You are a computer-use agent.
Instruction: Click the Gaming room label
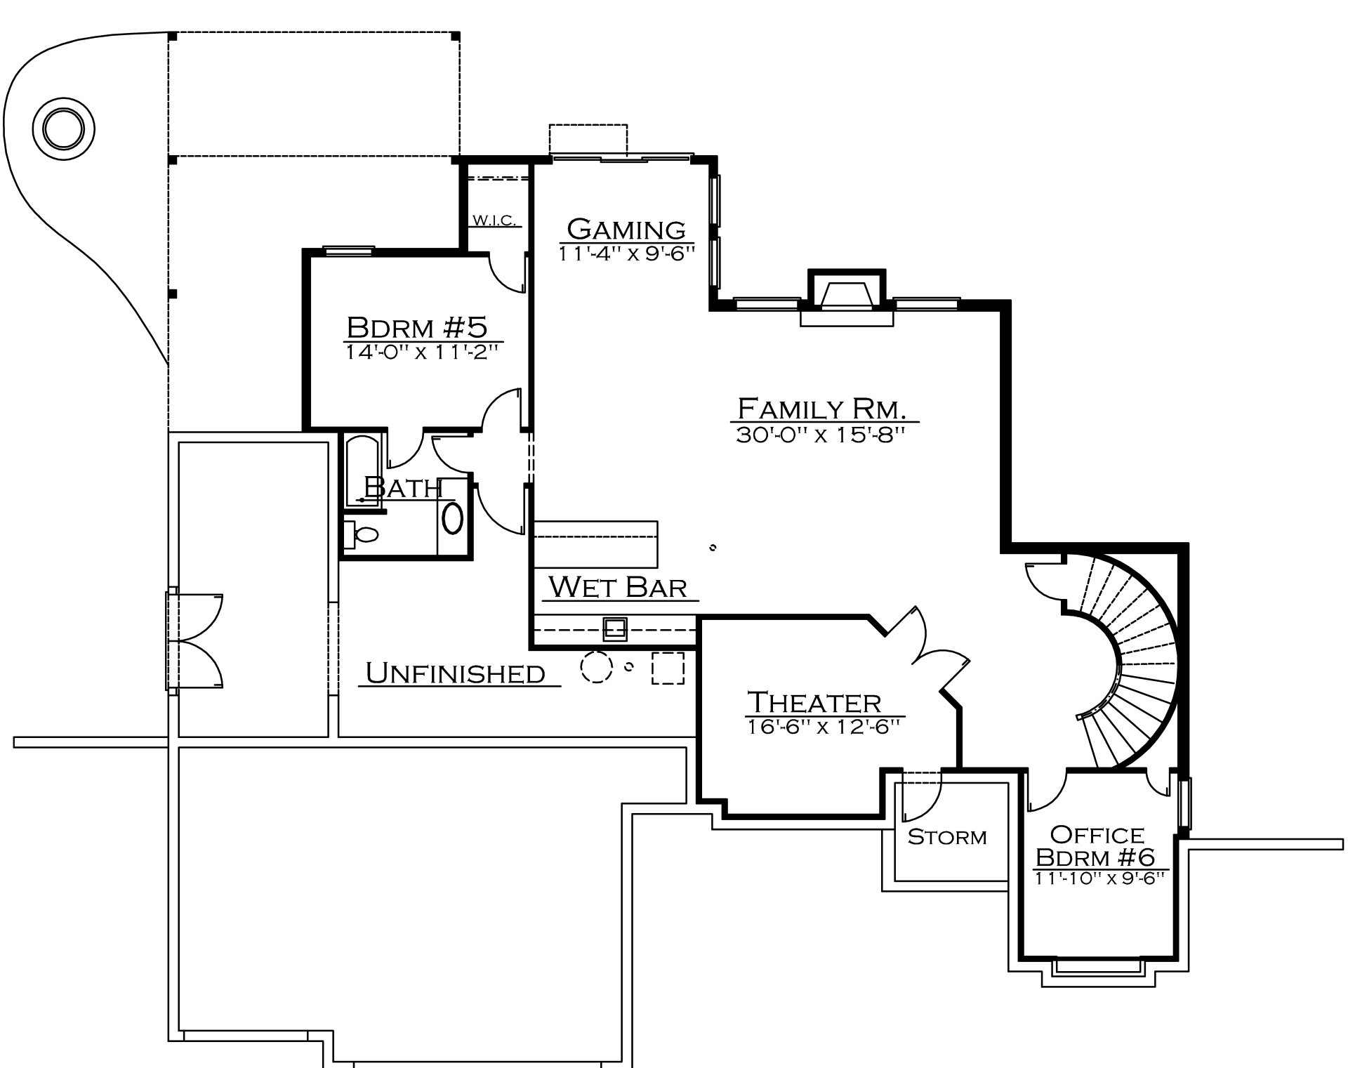click(626, 229)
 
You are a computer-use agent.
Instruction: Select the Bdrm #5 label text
click(417, 327)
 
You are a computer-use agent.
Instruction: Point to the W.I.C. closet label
click(496, 220)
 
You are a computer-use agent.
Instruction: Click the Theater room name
click(814, 702)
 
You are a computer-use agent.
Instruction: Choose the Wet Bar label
click(618, 587)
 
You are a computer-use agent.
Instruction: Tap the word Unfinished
click(456, 673)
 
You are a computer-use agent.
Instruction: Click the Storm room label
click(947, 836)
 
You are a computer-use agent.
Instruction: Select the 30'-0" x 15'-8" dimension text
click(819, 435)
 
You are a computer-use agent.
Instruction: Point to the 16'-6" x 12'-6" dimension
click(823, 727)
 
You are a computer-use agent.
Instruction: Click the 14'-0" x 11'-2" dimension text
click(421, 352)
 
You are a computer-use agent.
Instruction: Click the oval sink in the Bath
click(452, 518)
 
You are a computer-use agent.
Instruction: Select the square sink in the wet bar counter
click(616, 628)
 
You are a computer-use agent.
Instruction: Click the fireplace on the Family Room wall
click(847, 297)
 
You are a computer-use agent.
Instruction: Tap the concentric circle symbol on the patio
click(63, 128)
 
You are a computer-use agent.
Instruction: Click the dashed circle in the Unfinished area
click(596, 667)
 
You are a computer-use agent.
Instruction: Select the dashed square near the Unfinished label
click(668, 668)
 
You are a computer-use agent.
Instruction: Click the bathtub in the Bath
click(363, 470)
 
